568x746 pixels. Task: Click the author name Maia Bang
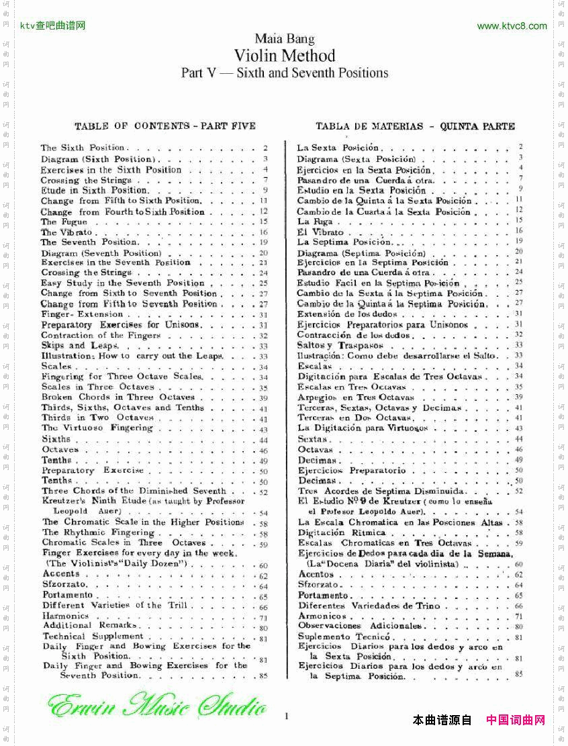point(284,39)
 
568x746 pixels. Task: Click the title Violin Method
point(284,55)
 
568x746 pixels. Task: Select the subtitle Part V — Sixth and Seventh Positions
point(284,73)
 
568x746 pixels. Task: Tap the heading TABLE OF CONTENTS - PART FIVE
point(165,126)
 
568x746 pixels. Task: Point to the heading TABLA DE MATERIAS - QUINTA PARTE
point(415,126)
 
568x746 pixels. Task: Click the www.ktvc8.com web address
point(512,26)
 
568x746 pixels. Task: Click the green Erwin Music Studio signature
point(157,706)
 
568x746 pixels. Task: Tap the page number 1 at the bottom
point(287,716)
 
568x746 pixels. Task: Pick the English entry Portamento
point(67,595)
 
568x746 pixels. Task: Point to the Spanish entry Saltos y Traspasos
point(331,345)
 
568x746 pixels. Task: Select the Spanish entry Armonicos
point(322,616)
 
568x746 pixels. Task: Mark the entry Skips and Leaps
point(73,345)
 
